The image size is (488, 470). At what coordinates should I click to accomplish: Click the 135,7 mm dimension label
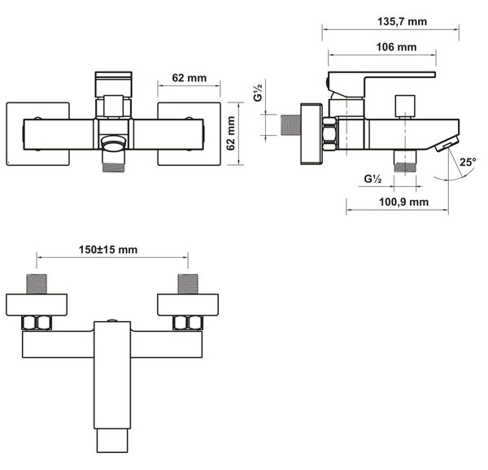click(x=402, y=22)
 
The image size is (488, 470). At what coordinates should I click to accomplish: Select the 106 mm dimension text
click(x=396, y=47)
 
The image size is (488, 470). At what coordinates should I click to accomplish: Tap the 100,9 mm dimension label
click(x=403, y=202)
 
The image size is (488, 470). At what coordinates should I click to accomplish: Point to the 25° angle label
click(x=468, y=162)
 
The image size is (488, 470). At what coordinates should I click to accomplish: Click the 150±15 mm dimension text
click(x=108, y=250)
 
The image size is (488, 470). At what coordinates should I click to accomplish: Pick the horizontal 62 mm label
click(x=190, y=78)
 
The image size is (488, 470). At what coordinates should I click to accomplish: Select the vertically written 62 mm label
click(x=231, y=133)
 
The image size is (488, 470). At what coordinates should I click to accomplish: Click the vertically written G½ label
click(x=259, y=90)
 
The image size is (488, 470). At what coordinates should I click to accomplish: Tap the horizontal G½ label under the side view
click(x=373, y=179)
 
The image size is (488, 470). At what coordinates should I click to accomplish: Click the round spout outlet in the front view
click(x=113, y=145)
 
